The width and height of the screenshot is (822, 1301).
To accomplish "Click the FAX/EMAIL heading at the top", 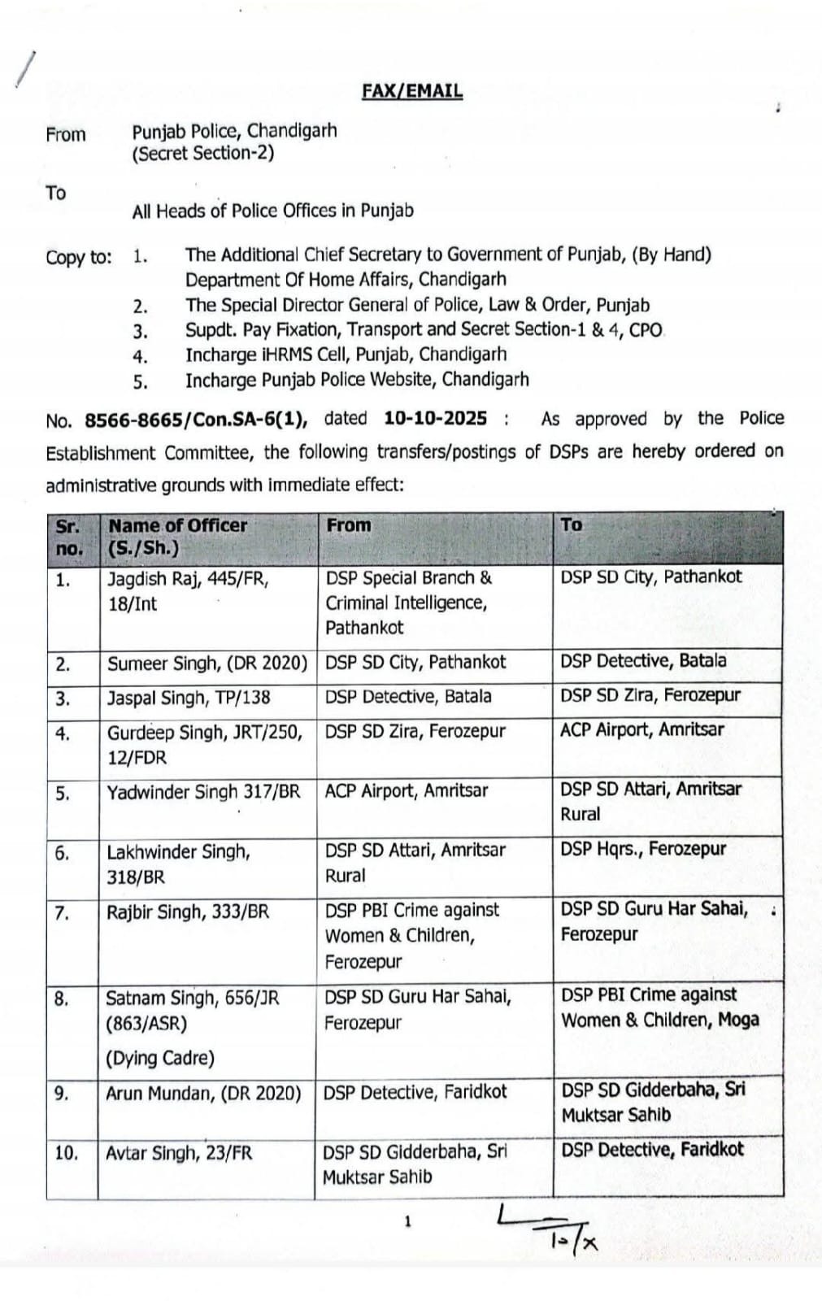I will coord(412,90).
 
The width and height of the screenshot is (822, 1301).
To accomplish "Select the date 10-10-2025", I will coord(435,419).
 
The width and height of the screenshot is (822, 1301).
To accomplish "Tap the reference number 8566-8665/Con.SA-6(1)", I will coord(195,420).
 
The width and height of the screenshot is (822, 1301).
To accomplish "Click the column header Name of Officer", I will coord(177,525).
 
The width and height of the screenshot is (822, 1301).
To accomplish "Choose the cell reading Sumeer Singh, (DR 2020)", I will coord(207,664).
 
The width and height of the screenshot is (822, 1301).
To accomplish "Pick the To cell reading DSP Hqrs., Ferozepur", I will coord(642,849).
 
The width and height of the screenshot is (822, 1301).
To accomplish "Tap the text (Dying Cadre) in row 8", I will coord(160,1058).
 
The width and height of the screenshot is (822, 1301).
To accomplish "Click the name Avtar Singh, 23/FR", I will coord(179,1153).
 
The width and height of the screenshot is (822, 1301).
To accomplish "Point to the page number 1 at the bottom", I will coord(407,1221).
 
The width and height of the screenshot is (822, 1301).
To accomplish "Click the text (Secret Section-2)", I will coord(203,154).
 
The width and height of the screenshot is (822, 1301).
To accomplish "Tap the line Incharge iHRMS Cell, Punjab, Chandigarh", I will coord(346,355).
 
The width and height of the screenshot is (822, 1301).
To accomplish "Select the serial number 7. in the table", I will coord(63,913).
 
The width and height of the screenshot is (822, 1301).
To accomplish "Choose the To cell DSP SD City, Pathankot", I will coord(650,577).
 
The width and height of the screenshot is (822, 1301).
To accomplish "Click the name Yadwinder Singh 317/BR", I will coord(203,792).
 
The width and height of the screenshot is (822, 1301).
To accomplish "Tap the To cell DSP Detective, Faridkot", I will coord(652,1150).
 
